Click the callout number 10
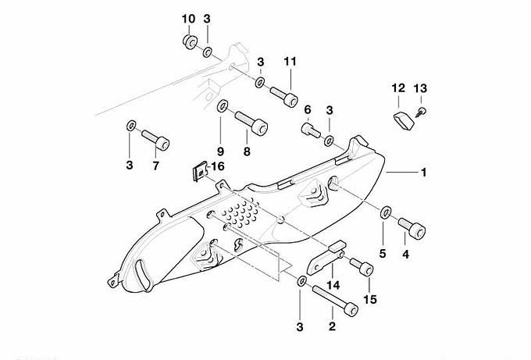[188, 18]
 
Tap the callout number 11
[290, 61]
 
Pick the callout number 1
[424, 172]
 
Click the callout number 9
[220, 151]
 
